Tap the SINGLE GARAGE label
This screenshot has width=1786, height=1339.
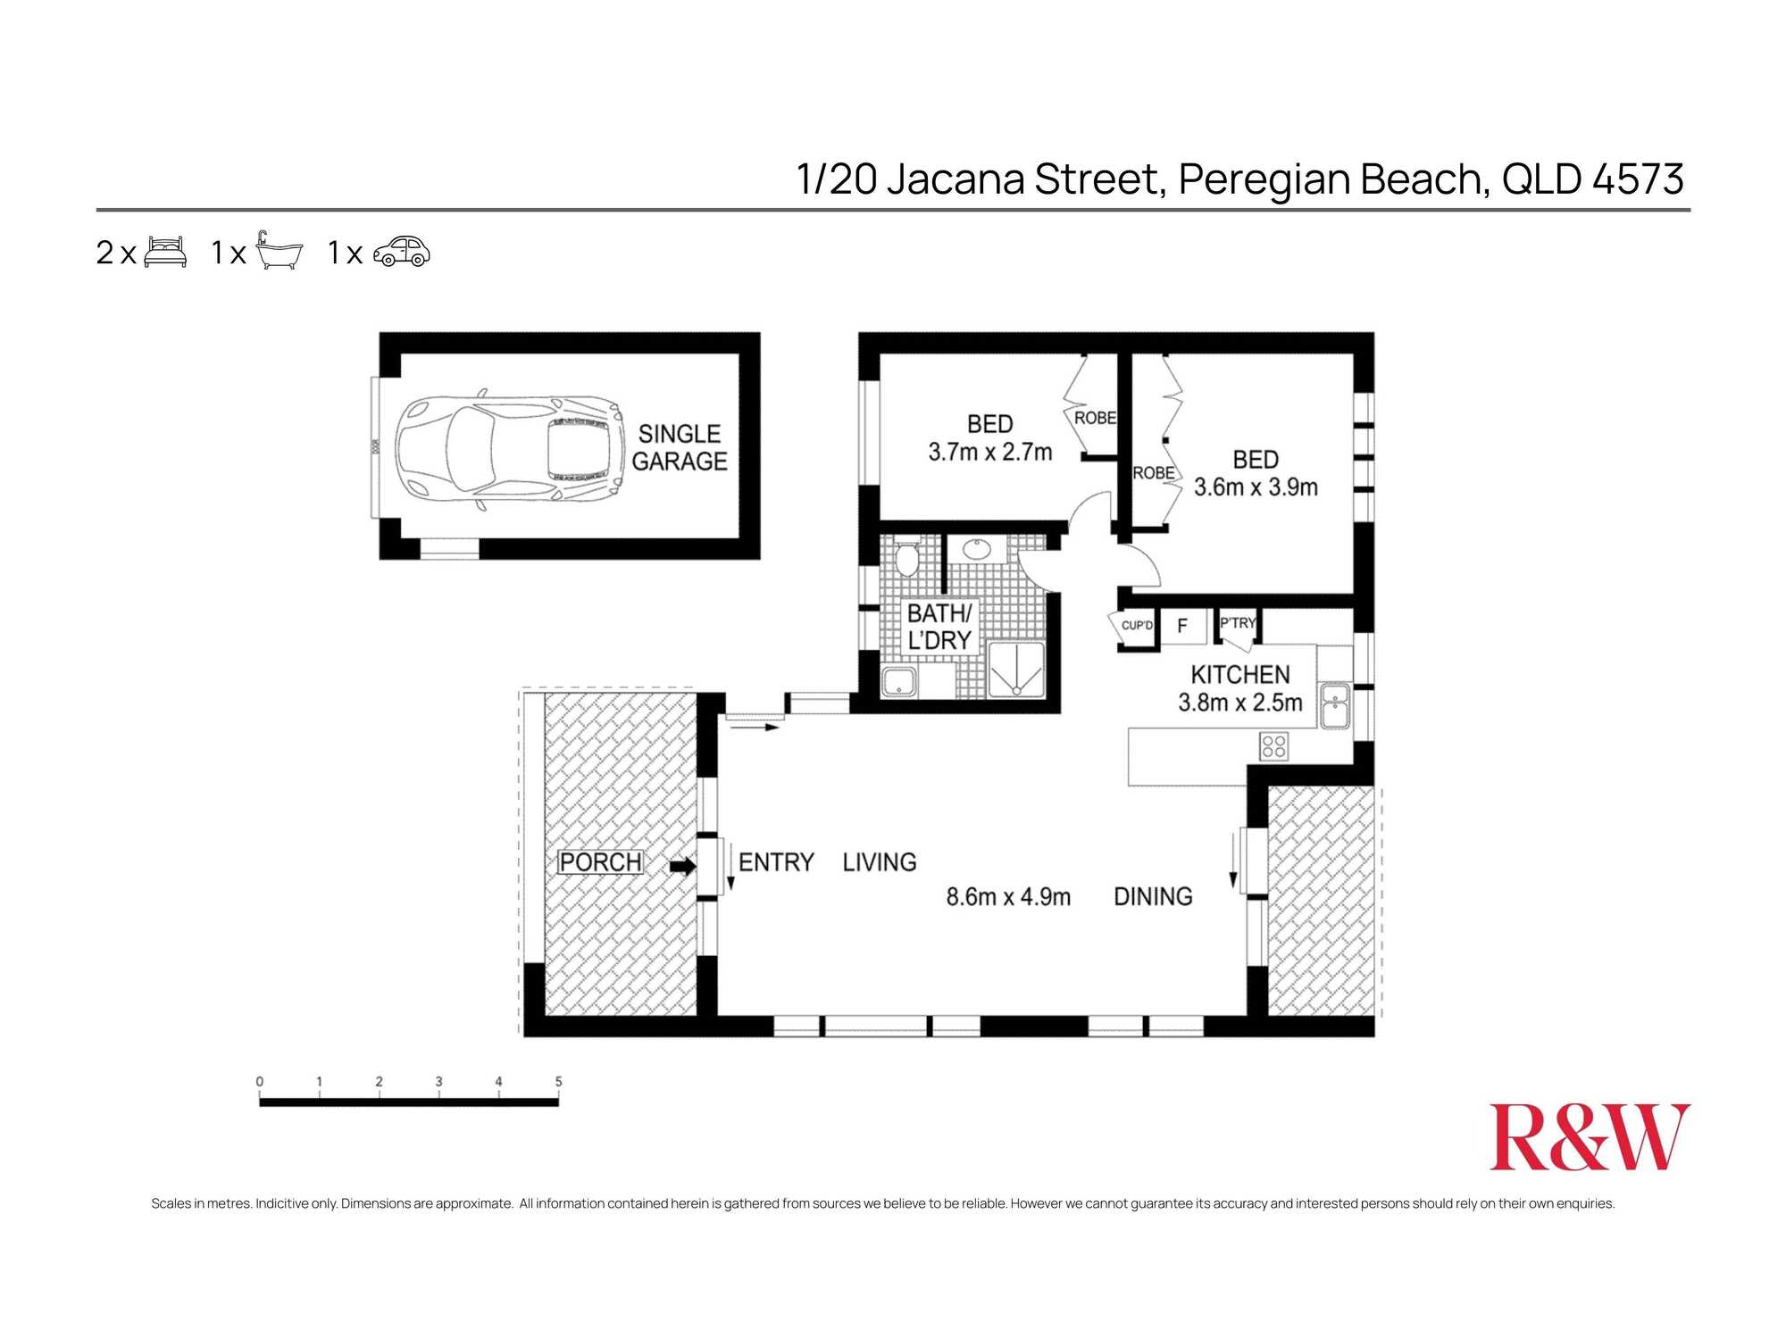(679, 447)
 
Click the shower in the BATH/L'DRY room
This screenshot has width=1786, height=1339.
(1015, 669)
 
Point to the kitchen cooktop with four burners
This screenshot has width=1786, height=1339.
(1273, 746)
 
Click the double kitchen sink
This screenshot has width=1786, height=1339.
(1335, 705)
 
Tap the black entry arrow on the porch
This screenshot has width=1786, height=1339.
(683, 866)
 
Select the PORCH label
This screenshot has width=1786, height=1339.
(600, 862)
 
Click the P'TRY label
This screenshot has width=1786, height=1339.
(1237, 623)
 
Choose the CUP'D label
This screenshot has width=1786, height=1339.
(1136, 625)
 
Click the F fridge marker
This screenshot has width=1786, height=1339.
(1181, 626)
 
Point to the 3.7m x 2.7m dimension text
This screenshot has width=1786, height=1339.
(989, 453)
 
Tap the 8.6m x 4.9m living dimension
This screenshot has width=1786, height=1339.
(1007, 897)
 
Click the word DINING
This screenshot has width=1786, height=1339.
(1152, 896)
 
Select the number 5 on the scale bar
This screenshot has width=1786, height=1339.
(558, 1081)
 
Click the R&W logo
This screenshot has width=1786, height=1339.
(1589, 1137)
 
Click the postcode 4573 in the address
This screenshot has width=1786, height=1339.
(1638, 179)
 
